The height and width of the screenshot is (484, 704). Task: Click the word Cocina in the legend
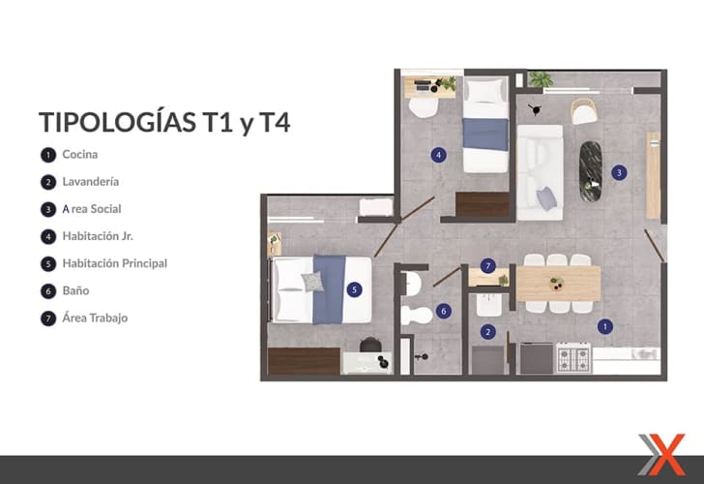point(80,154)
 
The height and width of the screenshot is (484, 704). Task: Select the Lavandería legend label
point(91,182)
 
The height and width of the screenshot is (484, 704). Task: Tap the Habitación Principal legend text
point(115,263)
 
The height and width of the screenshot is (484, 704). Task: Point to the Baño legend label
point(75,290)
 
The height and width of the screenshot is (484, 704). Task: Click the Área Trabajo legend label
point(95,318)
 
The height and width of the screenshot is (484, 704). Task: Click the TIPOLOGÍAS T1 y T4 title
point(164,122)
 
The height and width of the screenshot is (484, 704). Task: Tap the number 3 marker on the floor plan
point(619,172)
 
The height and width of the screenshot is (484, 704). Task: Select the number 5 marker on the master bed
point(354,289)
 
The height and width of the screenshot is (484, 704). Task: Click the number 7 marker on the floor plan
point(488,266)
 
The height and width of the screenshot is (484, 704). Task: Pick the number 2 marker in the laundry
point(488,332)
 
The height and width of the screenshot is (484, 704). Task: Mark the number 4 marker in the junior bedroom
point(439,155)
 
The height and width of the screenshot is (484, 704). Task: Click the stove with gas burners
point(573,358)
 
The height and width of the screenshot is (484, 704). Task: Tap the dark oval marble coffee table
point(591,171)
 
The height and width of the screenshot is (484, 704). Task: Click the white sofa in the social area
point(541,172)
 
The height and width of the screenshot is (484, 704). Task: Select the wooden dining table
point(559,283)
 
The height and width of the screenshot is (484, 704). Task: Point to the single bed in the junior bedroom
point(485,126)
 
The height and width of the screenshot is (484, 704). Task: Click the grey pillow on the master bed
point(312,282)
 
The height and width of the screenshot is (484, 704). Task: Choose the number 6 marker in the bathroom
point(444,311)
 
